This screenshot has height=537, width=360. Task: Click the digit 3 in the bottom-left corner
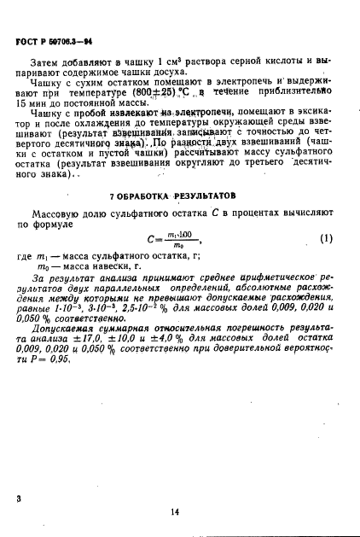[x=19, y=496]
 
